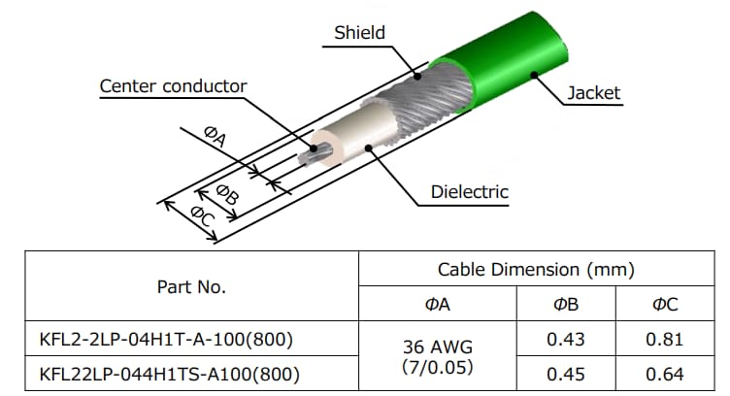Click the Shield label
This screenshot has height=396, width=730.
coord(359,33)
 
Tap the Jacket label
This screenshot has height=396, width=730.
coord(594,93)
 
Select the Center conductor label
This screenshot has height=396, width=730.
coord(173,86)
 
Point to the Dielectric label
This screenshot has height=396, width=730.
coord(470,191)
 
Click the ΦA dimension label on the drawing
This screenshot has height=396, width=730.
coord(216,138)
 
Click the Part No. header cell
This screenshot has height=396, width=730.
coord(191,287)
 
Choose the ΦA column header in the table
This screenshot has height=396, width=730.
coord(438,305)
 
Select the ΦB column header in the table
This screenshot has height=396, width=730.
coord(566,305)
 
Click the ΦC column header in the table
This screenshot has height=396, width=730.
coord(665,305)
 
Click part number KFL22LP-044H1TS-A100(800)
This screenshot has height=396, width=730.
coord(168,374)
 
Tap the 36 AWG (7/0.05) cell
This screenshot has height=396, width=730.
coord(438,356)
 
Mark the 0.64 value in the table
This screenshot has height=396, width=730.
coord(665,374)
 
